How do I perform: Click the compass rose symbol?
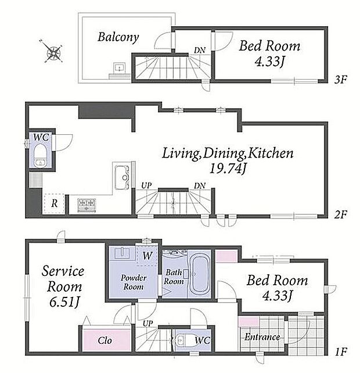[54, 52]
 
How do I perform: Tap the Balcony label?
[118, 37]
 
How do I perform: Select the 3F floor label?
[340, 80]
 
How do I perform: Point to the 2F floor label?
[340, 214]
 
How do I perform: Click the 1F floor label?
[341, 352]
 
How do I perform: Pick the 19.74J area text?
[228, 168]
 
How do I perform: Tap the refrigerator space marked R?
[54, 203]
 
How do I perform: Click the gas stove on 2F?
[87, 205]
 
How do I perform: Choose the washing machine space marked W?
[147, 256]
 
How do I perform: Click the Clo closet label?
[105, 340]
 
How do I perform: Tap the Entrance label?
[262, 337]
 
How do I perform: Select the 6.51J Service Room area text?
[64, 302]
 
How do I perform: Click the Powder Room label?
[134, 282]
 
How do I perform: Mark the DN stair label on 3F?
[200, 50]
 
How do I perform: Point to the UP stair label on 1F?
[147, 324]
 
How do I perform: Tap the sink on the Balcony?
[118, 68]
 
